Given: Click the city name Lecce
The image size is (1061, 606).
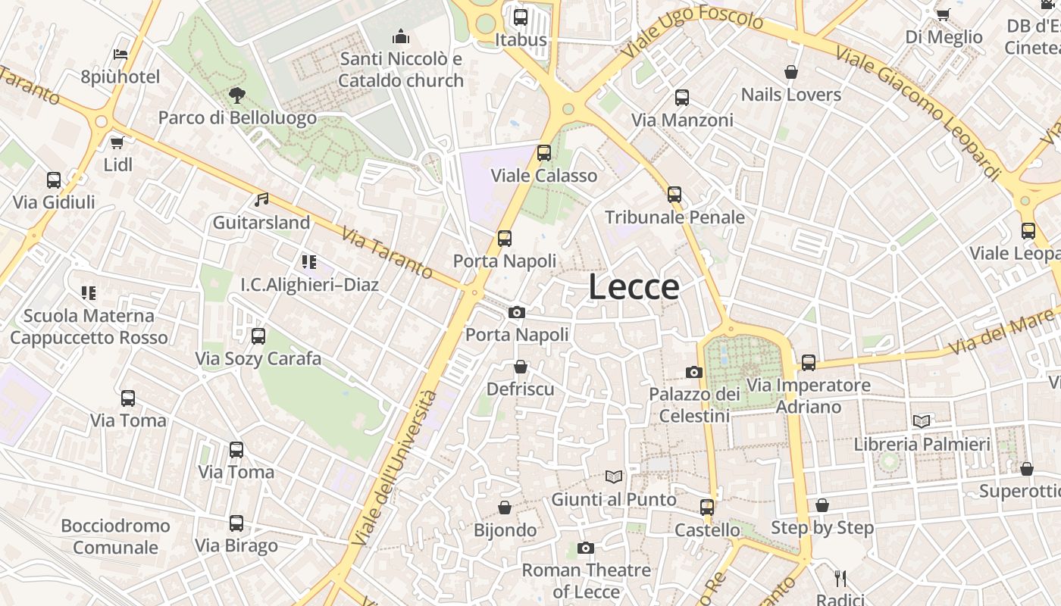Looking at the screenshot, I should click(x=634, y=287).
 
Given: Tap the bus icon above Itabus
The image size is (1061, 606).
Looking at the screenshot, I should click(x=521, y=17).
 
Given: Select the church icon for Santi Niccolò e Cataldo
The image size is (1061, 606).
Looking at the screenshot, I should click(x=400, y=36).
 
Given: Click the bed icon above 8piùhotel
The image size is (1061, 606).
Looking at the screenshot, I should click(x=120, y=55).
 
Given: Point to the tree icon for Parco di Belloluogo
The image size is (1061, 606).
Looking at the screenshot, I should click(x=237, y=95).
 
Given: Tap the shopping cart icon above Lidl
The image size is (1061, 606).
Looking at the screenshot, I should click(x=117, y=142).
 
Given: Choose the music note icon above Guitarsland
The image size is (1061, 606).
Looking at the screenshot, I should click(x=261, y=200).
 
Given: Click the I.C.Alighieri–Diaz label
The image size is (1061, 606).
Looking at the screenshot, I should click(x=309, y=285).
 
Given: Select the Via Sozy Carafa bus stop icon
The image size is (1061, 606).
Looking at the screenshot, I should click(x=258, y=336).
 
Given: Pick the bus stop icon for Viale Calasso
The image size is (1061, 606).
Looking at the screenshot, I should click(x=544, y=153).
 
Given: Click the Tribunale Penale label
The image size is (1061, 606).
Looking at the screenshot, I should click(x=674, y=217).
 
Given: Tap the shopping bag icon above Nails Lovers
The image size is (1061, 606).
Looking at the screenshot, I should click(x=791, y=73).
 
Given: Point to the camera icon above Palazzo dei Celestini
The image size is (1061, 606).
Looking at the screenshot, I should click(x=694, y=372).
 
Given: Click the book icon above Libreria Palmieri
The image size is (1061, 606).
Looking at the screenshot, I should click(x=922, y=422).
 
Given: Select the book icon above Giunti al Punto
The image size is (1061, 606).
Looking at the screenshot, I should click(x=614, y=477).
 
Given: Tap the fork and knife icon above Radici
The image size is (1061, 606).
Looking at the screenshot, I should click(x=840, y=579).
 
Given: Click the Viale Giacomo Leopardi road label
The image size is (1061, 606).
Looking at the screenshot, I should click(x=919, y=112).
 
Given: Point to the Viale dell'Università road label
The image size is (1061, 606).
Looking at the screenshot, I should click(x=395, y=469).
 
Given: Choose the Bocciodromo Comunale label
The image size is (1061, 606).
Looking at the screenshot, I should click(x=116, y=536).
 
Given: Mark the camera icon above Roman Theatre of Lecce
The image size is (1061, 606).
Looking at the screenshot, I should click(x=586, y=548).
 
